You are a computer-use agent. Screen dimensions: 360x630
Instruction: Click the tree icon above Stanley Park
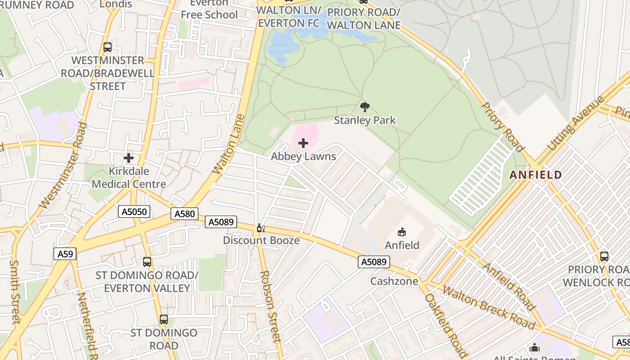point(365,107)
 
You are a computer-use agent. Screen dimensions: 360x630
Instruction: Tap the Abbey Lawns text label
point(303,157)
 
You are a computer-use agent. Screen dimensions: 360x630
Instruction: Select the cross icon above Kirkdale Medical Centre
point(129,158)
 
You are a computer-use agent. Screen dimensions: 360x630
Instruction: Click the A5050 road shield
point(134,211)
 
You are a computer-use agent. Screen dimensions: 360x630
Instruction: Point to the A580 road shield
point(184,214)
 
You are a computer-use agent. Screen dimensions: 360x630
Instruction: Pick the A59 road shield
point(65,254)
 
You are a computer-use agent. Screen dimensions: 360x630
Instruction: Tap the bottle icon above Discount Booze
point(260,228)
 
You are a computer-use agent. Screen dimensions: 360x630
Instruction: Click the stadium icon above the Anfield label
point(401,232)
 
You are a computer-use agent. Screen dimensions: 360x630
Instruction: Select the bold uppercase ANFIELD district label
point(535,175)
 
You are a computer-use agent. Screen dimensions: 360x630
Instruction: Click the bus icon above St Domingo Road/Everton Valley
point(147,261)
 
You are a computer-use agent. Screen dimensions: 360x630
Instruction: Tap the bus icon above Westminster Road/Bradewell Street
point(108,47)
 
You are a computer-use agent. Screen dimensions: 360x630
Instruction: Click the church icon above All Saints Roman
point(535,347)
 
